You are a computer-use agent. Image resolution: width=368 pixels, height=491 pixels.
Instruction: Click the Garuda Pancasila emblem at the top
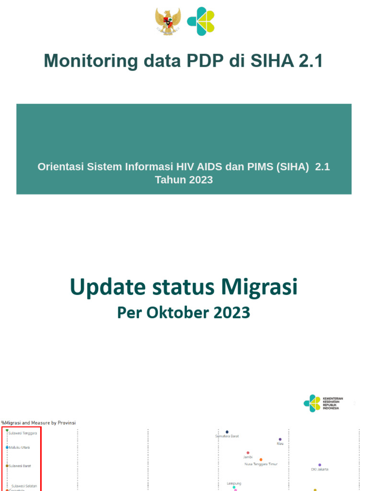tap(168, 22)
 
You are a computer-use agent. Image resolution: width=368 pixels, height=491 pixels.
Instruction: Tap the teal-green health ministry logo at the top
tap(200, 21)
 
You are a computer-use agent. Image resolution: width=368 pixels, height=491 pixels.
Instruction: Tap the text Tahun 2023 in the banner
tap(184, 180)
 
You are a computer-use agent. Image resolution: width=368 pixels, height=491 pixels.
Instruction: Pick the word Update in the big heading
tap(106, 287)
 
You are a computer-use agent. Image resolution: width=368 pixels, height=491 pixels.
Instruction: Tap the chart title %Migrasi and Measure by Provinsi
tap(38, 422)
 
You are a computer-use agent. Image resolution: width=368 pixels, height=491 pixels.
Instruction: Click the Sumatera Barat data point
tap(227, 432)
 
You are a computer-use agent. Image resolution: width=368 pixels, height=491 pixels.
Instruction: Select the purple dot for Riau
tap(280, 439)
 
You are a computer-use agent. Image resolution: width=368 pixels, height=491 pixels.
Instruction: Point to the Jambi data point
tap(248, 453)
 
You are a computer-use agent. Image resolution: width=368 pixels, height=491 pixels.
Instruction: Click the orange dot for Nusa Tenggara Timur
tap(261, 459)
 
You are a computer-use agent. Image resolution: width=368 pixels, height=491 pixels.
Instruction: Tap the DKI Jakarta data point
tap(320, 465)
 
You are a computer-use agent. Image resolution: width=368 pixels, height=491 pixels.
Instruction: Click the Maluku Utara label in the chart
tap(19, 447)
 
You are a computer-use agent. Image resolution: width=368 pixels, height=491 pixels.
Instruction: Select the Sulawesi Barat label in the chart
tap(20, 466)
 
